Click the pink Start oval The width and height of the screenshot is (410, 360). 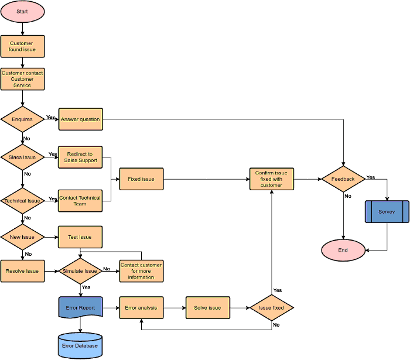[x=22, y=11]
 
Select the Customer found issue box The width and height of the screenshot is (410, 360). [x=22, y=46]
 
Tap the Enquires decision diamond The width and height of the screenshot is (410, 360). [x=22, y=119]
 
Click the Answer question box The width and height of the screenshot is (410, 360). [x=80, y=119]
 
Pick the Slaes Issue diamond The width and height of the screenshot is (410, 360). [x=22, y=157]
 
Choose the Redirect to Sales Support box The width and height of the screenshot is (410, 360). [x=80, y=157]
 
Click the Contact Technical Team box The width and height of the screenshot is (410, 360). [x=80, y=200]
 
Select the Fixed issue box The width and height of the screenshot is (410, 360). [x=141, y=179]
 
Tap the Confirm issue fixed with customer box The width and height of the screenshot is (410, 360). [x=272, y=179]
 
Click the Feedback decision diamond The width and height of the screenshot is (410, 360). [x=343, y=179]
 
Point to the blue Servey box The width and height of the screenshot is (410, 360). [x=387, y=211]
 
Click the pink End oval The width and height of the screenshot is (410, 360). [x=343, y=250]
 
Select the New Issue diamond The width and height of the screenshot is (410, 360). [x=22, y=237]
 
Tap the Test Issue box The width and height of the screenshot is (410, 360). [x=80, y=237]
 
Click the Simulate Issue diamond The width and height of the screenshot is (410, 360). [x=80, y=271]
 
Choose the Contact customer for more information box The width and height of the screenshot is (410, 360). [x=141, y=271]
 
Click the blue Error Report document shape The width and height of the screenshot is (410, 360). [x=80, y=307]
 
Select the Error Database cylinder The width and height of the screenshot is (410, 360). [x=80, y=345]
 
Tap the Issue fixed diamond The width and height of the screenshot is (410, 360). [x=271, y=307]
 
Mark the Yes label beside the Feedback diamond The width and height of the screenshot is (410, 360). [x=371, y=177]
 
